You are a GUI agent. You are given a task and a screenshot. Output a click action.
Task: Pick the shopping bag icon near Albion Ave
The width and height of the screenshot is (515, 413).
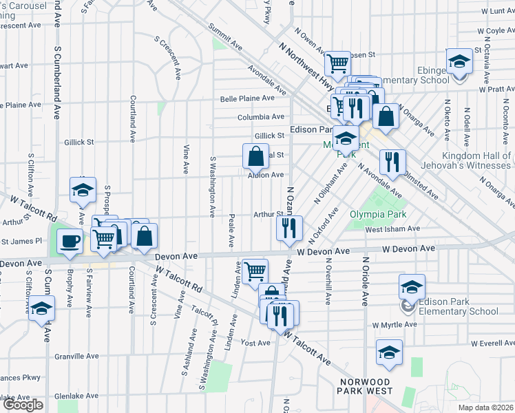255,156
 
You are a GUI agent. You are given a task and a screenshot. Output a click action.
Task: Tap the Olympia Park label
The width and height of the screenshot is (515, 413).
377,215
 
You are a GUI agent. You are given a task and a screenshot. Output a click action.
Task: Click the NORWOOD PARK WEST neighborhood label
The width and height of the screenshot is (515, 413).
374,386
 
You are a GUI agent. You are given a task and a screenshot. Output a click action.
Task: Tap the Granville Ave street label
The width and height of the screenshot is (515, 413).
77,357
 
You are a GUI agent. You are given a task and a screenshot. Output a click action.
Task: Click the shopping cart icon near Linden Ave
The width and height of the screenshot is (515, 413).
255,271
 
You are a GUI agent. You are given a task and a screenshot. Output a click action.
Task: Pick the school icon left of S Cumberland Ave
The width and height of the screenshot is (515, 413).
42,308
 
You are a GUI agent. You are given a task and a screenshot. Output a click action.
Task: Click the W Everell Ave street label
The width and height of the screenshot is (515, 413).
492,343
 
